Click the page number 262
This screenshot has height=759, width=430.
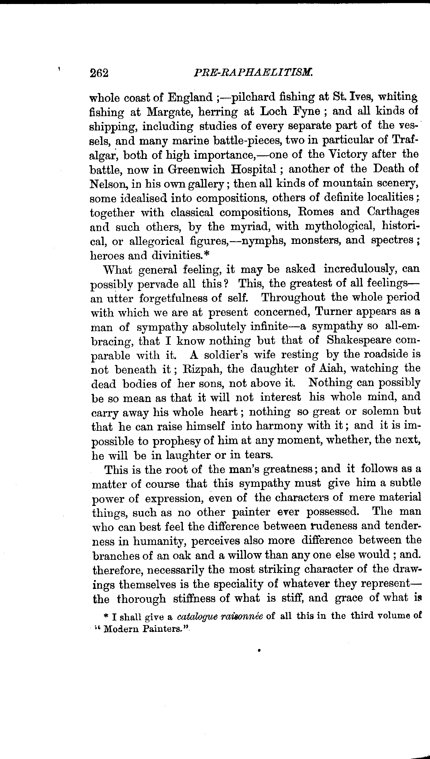tap(100, 74)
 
